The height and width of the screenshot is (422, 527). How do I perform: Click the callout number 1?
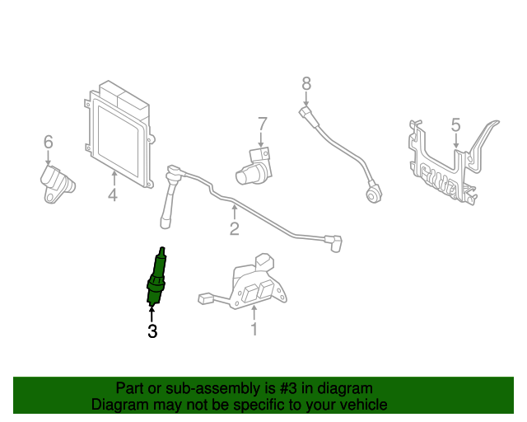point(254,329)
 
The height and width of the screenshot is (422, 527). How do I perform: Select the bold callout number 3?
point(152,331)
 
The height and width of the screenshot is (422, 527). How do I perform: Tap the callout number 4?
point(112,195)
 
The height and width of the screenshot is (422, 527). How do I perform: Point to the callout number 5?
point(455,125)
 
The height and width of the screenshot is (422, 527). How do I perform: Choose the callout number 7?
point(262,124)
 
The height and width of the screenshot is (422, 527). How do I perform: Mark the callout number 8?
point(306,83)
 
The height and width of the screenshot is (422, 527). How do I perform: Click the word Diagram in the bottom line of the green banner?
point(119,405)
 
